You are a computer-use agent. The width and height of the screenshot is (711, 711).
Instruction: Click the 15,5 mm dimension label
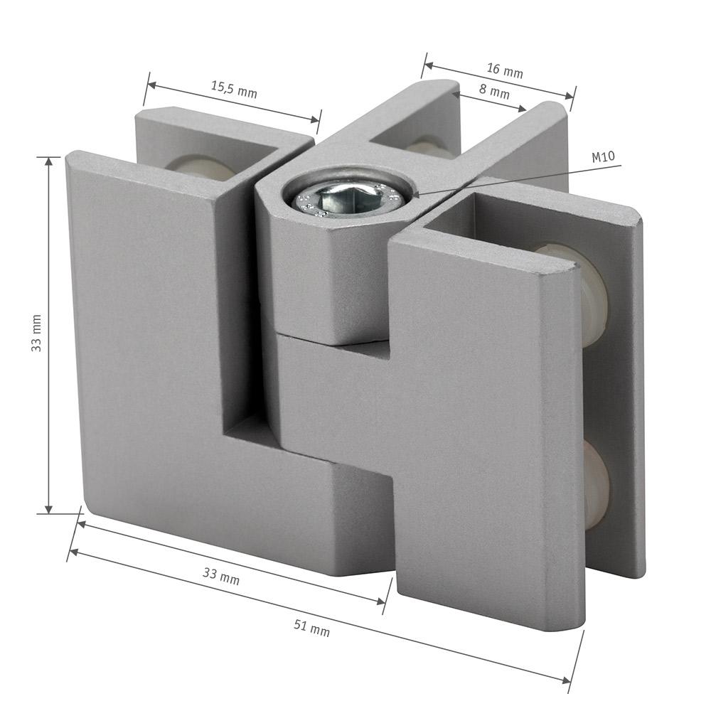[234, 90]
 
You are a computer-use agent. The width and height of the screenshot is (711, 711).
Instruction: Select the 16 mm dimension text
[505, 70]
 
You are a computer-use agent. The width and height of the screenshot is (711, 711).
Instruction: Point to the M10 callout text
[604, 157]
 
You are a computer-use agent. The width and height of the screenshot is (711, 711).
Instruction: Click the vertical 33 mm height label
[36, 333]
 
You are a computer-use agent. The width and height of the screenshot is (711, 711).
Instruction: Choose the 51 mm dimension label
[311, 628]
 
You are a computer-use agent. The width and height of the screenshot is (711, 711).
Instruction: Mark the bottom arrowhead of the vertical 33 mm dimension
[50, 508]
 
